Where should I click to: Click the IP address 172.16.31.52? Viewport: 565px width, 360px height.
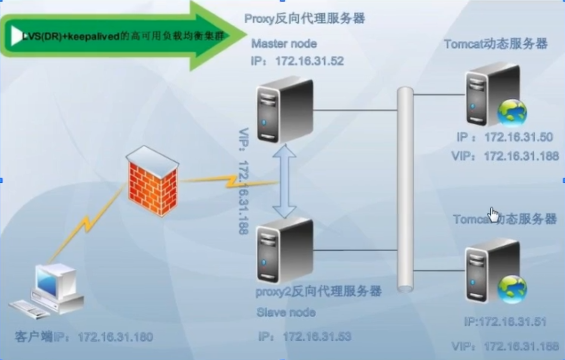[309, 61]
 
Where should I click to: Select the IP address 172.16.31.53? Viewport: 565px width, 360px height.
[317, 336]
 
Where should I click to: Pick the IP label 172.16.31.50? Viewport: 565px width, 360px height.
[518, 137]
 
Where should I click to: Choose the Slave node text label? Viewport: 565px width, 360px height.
[286, 312]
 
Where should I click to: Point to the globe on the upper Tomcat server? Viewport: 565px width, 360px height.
[512, 112]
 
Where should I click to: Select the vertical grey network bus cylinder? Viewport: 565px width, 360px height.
[405, 189]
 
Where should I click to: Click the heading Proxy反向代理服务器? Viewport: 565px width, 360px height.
[304, 19]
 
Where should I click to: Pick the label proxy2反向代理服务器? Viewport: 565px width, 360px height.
[318, 291]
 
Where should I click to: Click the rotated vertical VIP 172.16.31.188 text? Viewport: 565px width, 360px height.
[243, 181]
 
